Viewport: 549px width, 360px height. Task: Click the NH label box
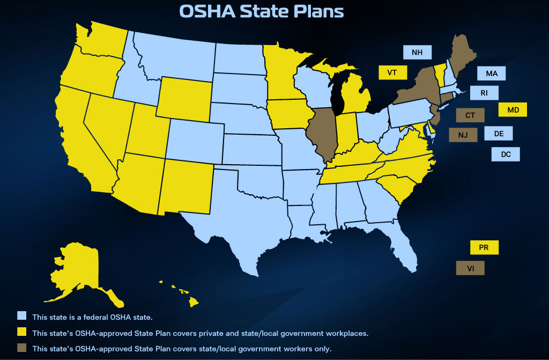(417, 53)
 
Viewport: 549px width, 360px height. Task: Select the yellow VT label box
(392, 72)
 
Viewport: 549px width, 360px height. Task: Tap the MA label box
(491, 74)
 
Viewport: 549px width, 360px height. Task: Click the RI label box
(484, 93)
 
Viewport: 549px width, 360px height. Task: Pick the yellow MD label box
(513, 110)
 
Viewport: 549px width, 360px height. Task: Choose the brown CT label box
(470, 115)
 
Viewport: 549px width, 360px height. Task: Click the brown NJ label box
(463, 135)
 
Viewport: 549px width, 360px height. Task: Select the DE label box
(498, 134)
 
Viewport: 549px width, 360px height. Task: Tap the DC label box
(506, 154)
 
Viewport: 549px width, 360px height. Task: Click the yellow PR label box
(484, 248)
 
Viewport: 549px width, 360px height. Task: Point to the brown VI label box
(470, 268)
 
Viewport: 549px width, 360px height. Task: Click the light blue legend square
(21, 316)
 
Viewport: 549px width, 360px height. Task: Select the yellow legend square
(21, 333)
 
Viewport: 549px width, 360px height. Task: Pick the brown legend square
(21, 348)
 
